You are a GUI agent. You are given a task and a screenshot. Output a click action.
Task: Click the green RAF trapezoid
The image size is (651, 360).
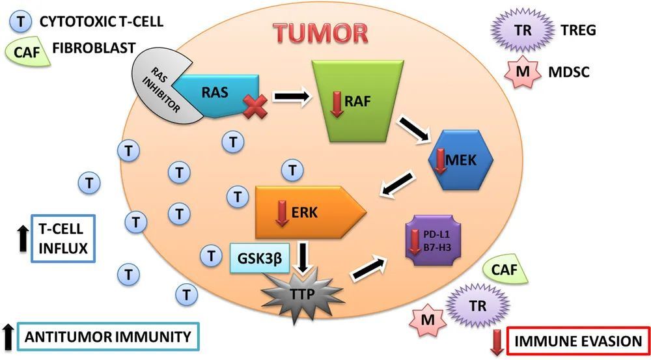352,98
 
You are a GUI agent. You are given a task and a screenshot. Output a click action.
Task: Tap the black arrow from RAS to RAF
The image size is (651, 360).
291,97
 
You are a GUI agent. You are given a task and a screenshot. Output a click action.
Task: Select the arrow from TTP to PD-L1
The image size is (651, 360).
370,268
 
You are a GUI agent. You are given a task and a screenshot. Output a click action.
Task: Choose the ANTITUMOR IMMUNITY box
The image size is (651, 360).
107,337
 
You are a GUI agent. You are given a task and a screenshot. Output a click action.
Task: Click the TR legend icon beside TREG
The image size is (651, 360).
518,31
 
